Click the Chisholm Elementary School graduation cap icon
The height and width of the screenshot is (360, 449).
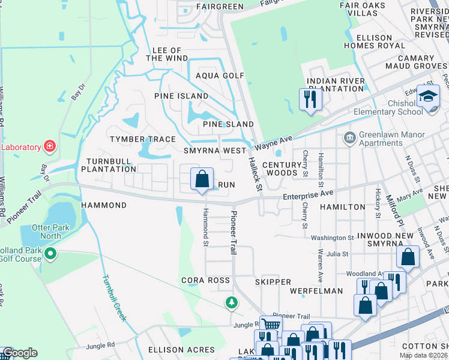[x=429, y=96]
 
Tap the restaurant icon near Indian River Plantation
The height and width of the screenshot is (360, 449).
[x=310, y=99]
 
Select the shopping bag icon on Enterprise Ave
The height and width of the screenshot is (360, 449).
[x=202, y=179]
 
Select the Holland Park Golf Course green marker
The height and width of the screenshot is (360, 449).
[x=50, y=254]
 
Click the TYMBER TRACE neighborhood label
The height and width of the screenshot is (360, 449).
[x=143, y=139]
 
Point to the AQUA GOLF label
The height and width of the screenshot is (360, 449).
[x=220, y=76]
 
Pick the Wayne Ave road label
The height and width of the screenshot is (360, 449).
[x=273, y=143]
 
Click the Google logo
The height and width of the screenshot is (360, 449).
[x=20, y=353]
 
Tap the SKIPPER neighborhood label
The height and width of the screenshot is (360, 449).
[x=273, y=282]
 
